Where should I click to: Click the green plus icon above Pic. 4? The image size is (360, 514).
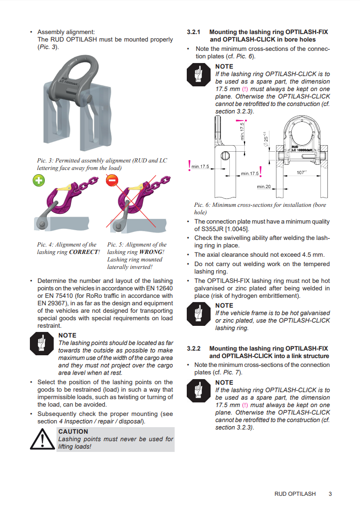pos(39,180)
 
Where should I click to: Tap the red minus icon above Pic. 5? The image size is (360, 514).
pos(112,180)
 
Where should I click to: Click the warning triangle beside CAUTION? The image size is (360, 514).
pos(42,440)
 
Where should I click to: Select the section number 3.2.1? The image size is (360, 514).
pos(193,32)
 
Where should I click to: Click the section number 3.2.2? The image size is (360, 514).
pos(193,348)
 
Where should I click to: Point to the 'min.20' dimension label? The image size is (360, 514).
pos(264,187)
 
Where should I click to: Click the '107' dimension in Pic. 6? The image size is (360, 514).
pos(301,172)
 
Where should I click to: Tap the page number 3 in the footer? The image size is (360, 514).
pos(330,493)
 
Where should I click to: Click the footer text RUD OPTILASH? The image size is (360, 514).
pos(295,493)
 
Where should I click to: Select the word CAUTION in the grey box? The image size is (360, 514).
pos(73,432)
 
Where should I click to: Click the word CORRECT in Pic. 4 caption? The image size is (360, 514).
pos(84,252)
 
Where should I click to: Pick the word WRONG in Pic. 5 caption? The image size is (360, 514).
pos(151,252)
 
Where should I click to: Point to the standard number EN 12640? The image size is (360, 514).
pos(158,289)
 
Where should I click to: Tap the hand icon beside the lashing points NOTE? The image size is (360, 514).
pos(42,344)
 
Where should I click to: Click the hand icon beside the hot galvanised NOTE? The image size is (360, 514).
pos(199,314)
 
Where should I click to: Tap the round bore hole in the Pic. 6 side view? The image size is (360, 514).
pos(225,156)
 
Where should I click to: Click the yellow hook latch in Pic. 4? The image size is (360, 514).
pos(64,188)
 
